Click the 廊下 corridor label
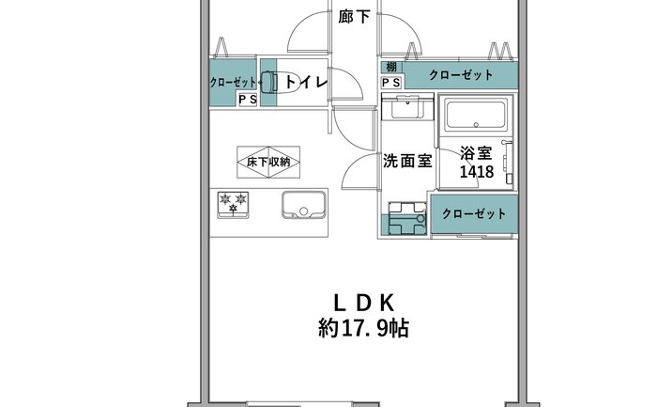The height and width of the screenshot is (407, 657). coord(354,17)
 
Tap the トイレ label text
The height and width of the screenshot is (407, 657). coord(306,82)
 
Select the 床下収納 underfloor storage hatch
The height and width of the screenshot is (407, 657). coord(268,162)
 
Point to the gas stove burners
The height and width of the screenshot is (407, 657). coord(233,204)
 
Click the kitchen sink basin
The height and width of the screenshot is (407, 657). coord(304,205)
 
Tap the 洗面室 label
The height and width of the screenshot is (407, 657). coord(407,161)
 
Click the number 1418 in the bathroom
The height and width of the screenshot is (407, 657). coord(477,172)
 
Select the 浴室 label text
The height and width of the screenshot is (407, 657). coord(476,153)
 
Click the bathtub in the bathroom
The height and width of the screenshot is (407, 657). coord(476,114)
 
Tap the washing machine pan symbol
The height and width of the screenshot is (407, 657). coord(406,219)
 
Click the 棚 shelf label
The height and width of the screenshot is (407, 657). coord(391,67)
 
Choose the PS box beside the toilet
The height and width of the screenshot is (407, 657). coord(248,100)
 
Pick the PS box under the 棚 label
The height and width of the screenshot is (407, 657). coord(391,83)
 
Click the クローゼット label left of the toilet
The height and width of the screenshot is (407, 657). coord(233,82)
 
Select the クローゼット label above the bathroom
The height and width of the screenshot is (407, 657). coord(461,75)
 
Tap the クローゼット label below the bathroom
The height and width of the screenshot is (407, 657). coord(474,214)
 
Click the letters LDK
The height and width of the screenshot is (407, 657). coord(364,303)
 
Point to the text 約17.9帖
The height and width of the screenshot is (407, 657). coord(364,328)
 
